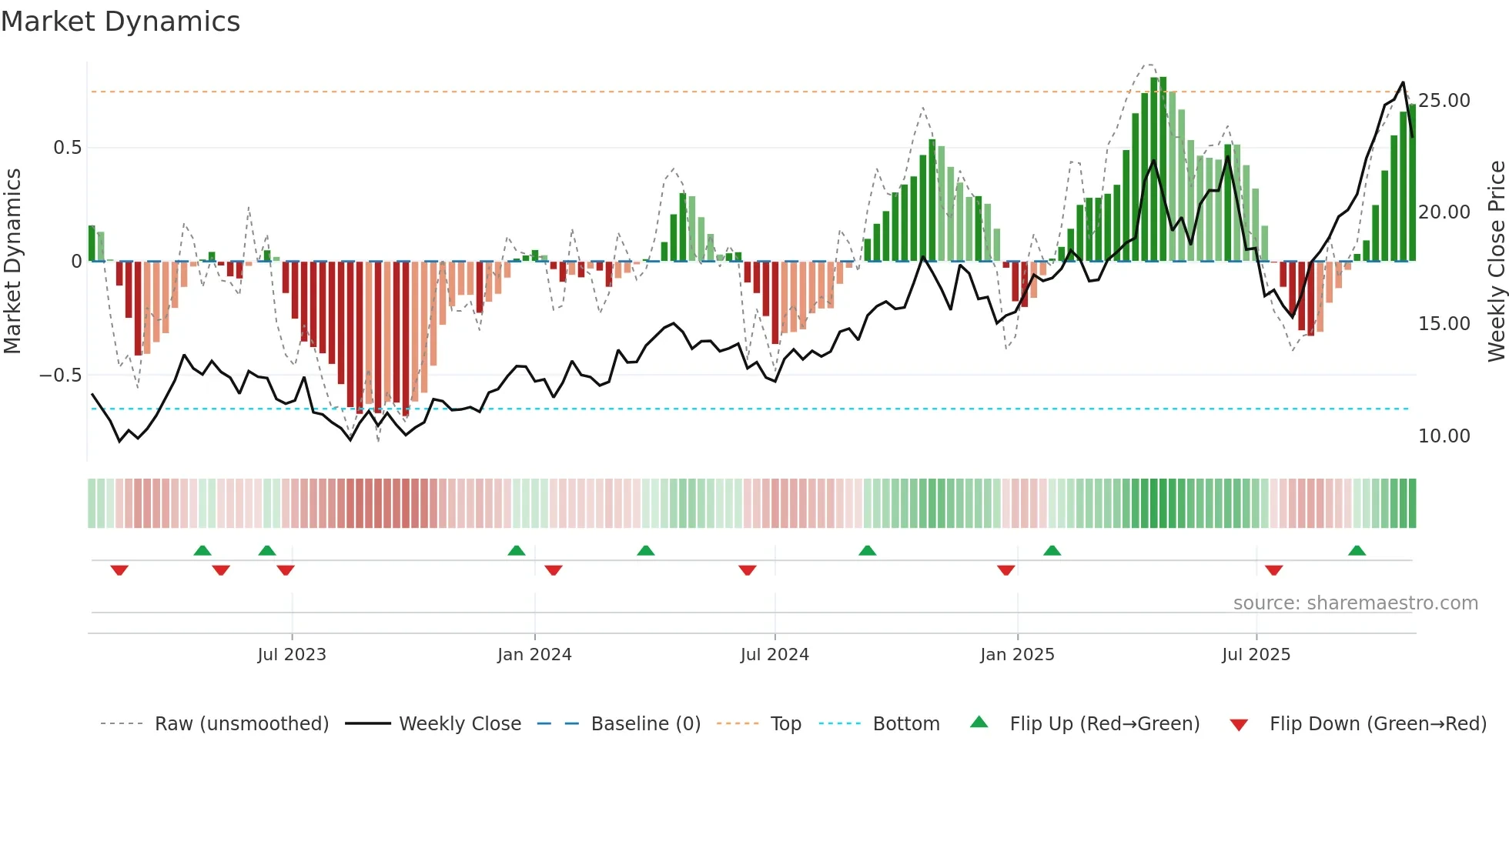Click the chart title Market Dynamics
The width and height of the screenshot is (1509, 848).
point(120,22)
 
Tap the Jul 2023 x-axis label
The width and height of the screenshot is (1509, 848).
point(292,655)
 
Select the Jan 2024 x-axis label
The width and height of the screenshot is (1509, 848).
point(534,655)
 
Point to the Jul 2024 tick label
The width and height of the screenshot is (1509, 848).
point(775,655)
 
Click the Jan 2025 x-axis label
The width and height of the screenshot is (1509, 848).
point(1017,655)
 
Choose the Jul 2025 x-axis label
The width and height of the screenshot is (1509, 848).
point(1256,655)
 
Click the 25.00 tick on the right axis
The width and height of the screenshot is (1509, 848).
point(1444,101)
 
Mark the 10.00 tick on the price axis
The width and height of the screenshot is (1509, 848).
point(1444,436)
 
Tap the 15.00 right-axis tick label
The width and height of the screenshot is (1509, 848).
point(1444,324)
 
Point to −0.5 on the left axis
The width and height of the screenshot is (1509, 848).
point(60,376)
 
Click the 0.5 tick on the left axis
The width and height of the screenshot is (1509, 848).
point(67,148)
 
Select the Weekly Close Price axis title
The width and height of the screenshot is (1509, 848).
point(1496,261)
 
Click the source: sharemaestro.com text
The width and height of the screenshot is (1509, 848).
point(1355,603)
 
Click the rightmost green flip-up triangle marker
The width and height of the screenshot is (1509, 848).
point(1357,551)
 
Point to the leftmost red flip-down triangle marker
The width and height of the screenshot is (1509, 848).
point(119,570)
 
